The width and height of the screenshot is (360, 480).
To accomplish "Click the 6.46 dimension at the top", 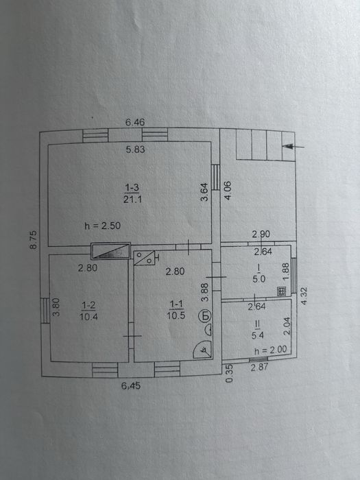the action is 135,122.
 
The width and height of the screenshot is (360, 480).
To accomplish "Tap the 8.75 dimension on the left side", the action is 34,240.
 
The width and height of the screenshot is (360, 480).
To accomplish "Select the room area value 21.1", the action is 132,200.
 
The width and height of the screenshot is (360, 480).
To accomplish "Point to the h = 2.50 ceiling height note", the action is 103,226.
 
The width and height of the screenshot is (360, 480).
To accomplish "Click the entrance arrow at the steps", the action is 293,147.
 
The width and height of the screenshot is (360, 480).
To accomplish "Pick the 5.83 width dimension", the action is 135,149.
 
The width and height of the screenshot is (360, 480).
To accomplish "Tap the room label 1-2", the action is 88,305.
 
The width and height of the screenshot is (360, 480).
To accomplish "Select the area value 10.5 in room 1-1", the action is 176,315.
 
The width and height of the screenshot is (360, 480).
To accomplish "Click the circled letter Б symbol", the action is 206,315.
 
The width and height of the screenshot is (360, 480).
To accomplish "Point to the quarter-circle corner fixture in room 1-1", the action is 203,350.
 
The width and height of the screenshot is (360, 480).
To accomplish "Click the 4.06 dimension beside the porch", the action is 228,191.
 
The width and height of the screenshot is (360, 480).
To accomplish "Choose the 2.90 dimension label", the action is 261,234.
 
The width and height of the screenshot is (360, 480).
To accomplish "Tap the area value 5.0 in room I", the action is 259,279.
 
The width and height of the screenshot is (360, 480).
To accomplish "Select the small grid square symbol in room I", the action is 281,291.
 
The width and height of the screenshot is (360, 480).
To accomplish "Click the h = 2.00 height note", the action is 271,350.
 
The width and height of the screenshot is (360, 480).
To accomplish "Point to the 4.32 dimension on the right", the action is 304,296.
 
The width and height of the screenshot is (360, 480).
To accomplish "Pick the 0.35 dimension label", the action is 229,373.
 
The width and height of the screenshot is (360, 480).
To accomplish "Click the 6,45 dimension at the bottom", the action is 131,385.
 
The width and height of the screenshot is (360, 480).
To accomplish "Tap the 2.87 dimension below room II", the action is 260,367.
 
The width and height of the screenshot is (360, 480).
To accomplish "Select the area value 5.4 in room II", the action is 258,335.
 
